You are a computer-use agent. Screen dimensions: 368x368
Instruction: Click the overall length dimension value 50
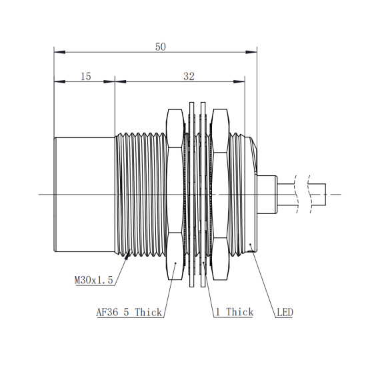pos(161,47)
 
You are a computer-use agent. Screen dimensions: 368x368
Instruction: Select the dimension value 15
pos(85,77)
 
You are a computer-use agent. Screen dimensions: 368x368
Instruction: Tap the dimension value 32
pos(189,77)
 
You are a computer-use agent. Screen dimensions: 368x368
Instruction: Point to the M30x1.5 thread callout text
pos(94,280)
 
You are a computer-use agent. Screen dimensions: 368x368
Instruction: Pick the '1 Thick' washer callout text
pos(235,312)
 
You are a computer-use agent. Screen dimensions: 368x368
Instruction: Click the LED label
pos(285,313)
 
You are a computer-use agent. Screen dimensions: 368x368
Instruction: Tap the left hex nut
pos(175,194)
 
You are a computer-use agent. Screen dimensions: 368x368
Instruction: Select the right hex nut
pos(220,194)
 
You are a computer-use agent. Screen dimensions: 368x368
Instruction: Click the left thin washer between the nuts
pos(192,194)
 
